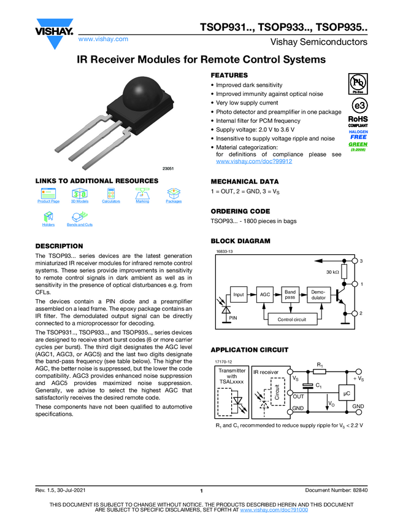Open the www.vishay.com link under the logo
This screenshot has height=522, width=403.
pyautogui.click(x=103, y=39)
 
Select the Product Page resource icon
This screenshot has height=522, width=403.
pyautogui.click(x=48, y=193)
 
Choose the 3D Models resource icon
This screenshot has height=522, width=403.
pyautogui.click(x=80, y=193)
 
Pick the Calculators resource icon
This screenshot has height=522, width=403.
pyautogui.click(x=111, y=193)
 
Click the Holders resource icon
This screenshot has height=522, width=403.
pyautogui.click(x=48, y=217)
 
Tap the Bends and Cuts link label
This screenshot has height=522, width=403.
pyautogui.click(x=80, y=225)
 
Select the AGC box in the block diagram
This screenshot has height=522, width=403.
pyautogui.click(x=265, y=295)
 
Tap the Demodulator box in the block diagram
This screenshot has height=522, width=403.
pyautogui.click(x=318, y=294)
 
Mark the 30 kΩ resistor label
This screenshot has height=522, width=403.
pyautogui.click(x=332, y=271)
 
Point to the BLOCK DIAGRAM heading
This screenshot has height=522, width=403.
pyautogui.click(x=240, y=241)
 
